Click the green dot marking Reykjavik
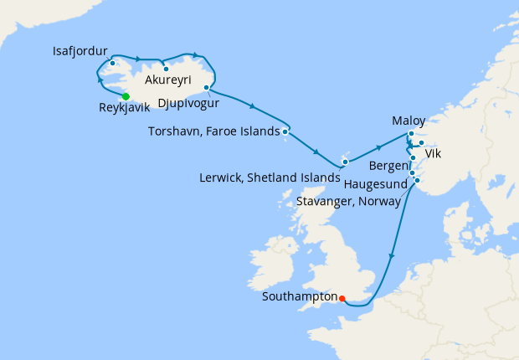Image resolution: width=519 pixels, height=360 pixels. (x=126, y=96)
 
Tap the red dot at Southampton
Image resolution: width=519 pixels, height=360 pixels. (x=342, y=296)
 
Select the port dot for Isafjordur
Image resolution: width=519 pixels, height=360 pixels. (x=112, y=63)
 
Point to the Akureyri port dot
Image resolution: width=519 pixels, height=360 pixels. (x=166, y=69)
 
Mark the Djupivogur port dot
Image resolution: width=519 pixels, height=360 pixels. (x=206, y=88)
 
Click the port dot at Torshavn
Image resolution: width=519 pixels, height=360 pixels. (x=285, y=131)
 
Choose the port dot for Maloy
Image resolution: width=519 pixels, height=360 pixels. (x=411, y=134)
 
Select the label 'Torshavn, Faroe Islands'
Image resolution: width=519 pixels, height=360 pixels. (x=213, y=131)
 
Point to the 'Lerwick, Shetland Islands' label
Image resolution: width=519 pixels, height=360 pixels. (x=271, y=177)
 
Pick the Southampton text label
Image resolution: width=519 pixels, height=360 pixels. (x=299, y=296)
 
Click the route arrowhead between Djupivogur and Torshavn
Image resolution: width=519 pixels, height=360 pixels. (x=252, y=105)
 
